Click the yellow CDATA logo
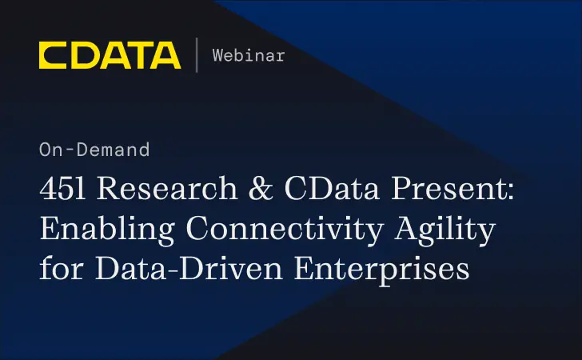pos(110,55)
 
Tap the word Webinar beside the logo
pos(249,55)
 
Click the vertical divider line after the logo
pos(196,55)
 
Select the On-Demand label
pos(94,149)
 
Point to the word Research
pos(153,190)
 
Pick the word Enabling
pos(96,230)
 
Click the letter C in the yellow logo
pos(53,55)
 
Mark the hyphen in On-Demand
pos(66,150)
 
